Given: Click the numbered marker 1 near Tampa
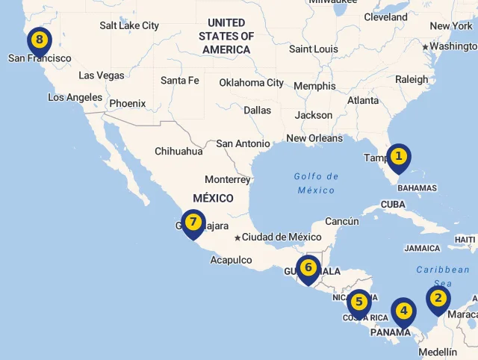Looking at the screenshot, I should click(399, 157).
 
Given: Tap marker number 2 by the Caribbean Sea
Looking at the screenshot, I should click(438, 299).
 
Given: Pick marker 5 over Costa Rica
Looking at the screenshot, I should click(358, 302).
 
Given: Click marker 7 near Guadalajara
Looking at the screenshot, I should click(193, 223).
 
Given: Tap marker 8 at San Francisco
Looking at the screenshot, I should click(39, 40).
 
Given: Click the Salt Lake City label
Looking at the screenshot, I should click(129, 25).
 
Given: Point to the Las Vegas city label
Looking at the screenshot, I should click(102, 75).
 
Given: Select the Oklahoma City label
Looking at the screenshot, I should click(252, 83).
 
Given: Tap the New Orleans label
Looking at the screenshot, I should click(314, 138).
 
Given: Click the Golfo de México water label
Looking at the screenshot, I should click(316, 183).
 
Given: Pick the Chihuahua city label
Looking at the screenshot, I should click(179, 151).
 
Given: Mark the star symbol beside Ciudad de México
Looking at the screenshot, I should click(238, 238).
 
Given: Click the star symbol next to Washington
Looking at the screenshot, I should click(426, 47).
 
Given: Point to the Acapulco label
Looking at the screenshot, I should click(231, 260).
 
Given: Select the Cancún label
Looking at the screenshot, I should click(342, 221).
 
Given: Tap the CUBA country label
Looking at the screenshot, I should click(393, 204).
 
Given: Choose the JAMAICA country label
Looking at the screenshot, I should click(423, 248).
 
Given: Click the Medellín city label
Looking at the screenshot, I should click(438, 352).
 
